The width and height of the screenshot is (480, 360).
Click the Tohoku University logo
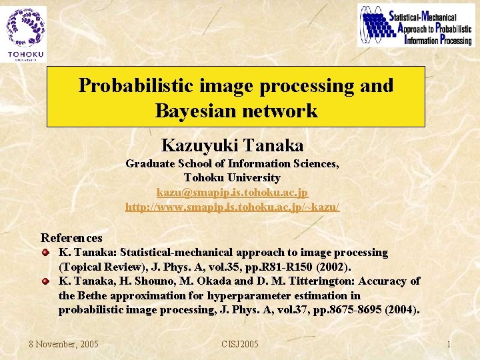pyautogui.click(x=25, y=33)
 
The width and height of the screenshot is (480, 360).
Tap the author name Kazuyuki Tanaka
pyautogui.click(x=232, y=145)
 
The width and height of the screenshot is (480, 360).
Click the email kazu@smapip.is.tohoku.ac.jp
pyautogui.click(x=232, y=193)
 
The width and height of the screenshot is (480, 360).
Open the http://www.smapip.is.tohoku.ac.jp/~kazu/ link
pyautogui.click(x=232, y=207)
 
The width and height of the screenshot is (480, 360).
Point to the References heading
pyautogui.click(x=71, y=238)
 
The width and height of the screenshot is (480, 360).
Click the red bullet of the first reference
pyautogui.click(x=46, y=252)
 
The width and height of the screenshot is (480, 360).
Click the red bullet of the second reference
pyautogui.click(x=46, y=281)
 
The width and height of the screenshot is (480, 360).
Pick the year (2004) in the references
pyautogui.click(x=402, y=309)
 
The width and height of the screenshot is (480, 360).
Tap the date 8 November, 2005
pyautogui.click(x=63, y=344)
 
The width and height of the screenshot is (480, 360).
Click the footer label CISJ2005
pyautogui.click(x=239, y=344)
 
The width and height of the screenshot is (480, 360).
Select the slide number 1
pyautogui.click(x=449, y=344)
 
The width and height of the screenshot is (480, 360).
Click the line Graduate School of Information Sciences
pyautogui.click(x=232, y=163)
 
